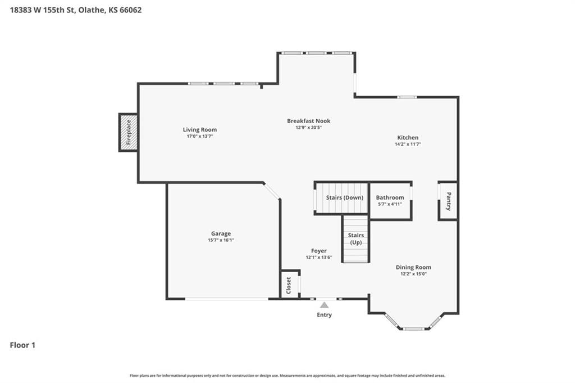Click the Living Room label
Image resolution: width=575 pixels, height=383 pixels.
tap(200, 129)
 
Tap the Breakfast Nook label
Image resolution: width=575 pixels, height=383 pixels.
tap(309, 121)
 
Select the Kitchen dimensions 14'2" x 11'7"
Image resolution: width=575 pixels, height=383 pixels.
tap(408, 145)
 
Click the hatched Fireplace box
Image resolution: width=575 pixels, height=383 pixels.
tap(129, 132)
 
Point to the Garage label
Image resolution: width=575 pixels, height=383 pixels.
tap(221, 233)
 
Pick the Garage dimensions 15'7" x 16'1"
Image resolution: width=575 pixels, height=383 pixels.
tap(221, 240)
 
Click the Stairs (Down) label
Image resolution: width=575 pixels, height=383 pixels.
tap(345, 197)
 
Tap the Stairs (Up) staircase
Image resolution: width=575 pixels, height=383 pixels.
tap(355, 239)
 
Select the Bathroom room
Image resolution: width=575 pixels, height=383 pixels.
tap(391, 200)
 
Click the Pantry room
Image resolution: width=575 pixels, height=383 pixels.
tap(448, 201)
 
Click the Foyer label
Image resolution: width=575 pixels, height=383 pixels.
tap(319, 251)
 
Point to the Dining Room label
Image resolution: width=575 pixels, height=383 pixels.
tap(413, 267)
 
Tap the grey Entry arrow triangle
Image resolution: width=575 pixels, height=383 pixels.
tap(324, 305)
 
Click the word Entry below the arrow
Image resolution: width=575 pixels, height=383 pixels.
tap(324, 315)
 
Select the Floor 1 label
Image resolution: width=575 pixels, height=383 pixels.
tap(22, 345)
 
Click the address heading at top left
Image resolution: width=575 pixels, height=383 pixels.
tap(76, 10)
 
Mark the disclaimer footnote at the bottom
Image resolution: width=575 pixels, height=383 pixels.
tap(287, 376)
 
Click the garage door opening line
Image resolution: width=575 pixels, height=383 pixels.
tap(227, 299)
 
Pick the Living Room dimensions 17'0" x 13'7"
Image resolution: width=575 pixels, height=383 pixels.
tap(200, 136)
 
